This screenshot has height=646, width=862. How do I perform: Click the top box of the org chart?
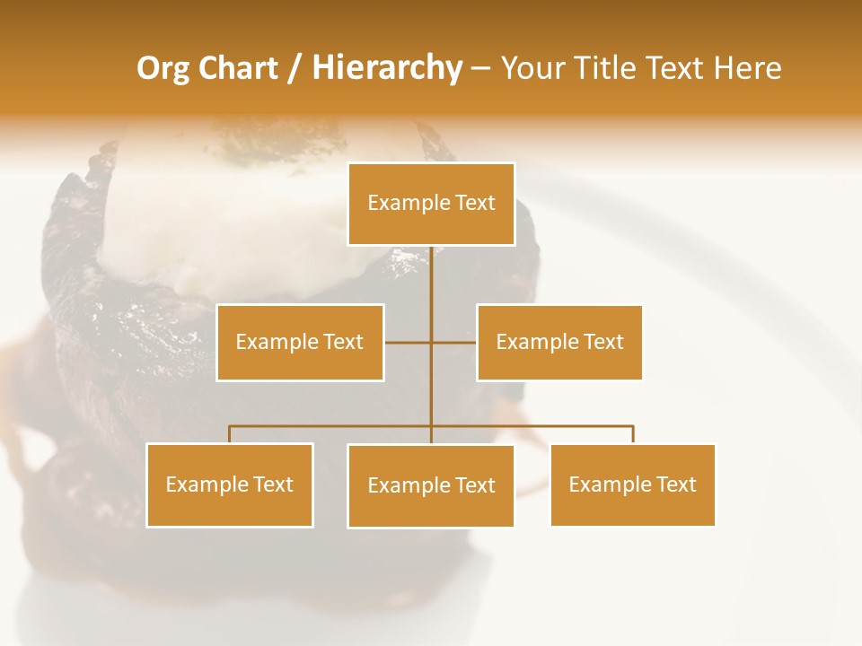pyautogui.click(x=431, y=204)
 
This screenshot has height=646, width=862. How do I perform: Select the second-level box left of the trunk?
pyautogui.click(x=300, y=342)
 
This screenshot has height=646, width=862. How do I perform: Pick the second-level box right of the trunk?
pyautogui.click(x=559, y=342)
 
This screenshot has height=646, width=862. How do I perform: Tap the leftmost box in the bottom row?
pyautogui.click(x=230, y=484)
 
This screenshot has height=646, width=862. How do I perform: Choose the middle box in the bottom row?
pyautogui.click(x=431, y=485)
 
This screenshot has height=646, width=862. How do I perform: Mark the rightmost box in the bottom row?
pyautogui.click(x=632, y=484)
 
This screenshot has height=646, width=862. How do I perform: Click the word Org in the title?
pyautogui.click(x=163, y=68)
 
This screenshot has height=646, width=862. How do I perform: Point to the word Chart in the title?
pyautogui.click(x=238, y=68)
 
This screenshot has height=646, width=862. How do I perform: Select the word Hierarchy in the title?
pyautogui.click(x=386, y=68)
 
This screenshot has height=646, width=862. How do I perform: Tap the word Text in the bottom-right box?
pyautogui.click(x=676, y=484)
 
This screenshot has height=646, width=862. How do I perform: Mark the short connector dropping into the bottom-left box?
pyautogui.click(x=230, y=434)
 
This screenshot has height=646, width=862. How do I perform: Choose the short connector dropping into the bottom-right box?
pyautogui.click(x=633, y=434)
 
